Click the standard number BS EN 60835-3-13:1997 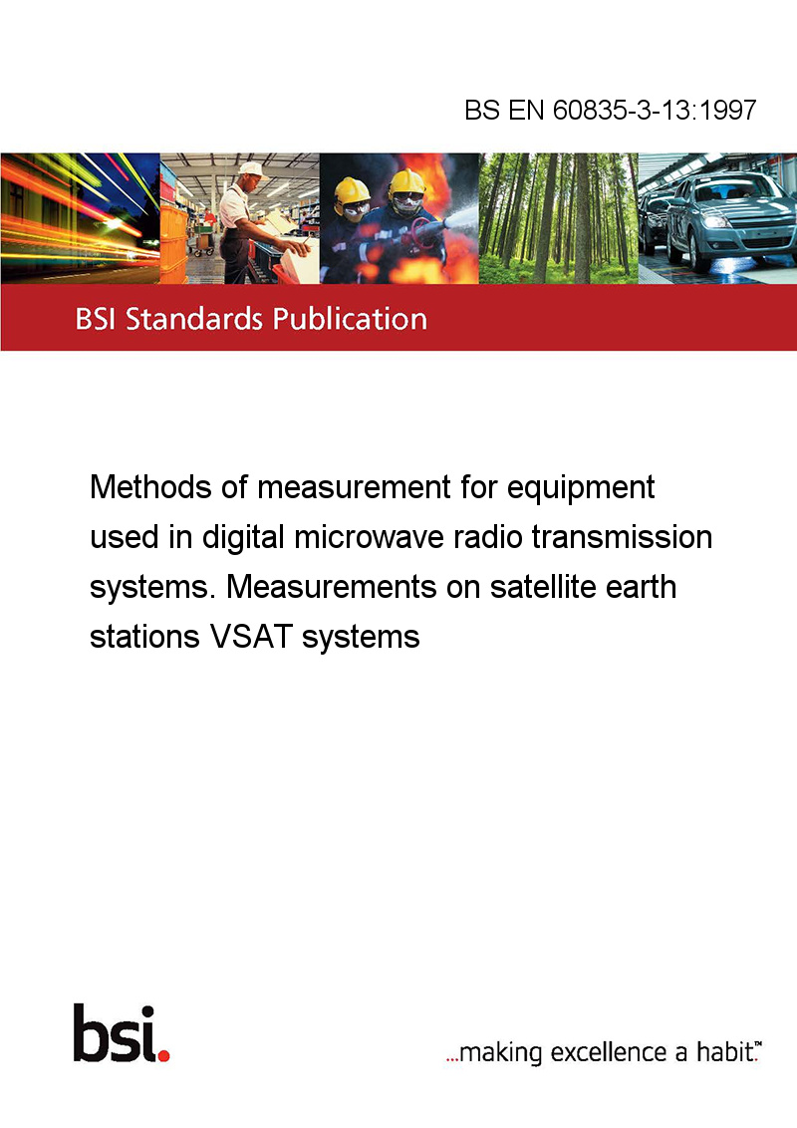[610, 110]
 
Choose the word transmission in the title [622, 537]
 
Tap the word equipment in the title [581, 488]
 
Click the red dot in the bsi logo [163, 1055]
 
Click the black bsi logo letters [116, 1033]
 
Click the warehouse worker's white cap [251, 169]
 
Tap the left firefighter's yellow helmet [351, 190]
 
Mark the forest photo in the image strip [558, 218]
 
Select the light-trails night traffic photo [80, 218]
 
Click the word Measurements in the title [332, 586]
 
